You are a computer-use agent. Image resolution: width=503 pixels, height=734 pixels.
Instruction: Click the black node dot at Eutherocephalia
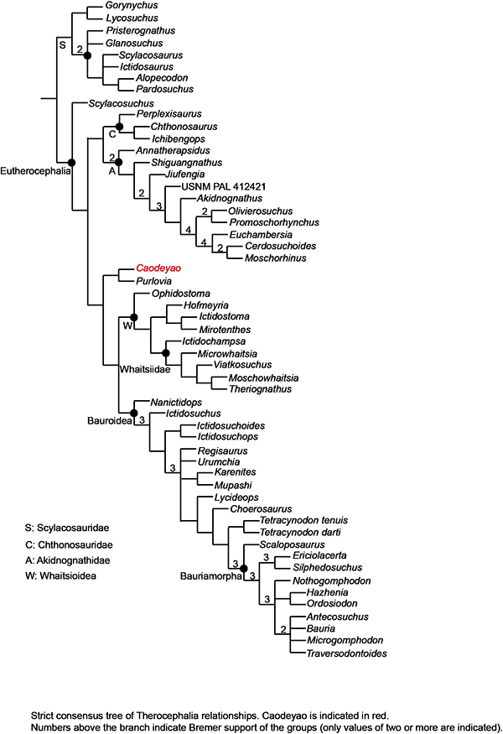(x=71, y=162)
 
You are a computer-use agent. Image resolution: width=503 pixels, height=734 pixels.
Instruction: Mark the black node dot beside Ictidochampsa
(x=165, y=352)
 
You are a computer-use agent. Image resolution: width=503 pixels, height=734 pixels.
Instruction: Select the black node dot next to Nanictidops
(x=133, y=412)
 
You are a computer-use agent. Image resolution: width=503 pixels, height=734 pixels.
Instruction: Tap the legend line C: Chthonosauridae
(x=70, y=544)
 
